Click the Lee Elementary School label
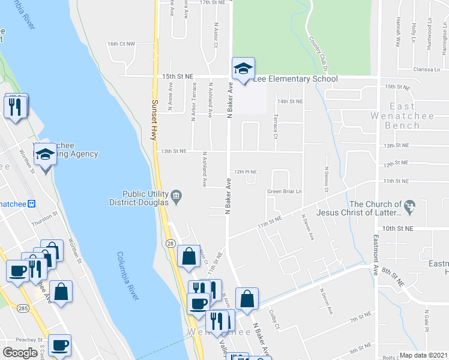coord(295,79)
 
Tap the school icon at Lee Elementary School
coord(244,70)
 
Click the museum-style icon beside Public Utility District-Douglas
coord(176,195)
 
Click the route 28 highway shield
coord(170,243)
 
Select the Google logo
coord(20,353)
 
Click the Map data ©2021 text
coord(423,355)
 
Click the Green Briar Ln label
coord(284,192)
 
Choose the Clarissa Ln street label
coord(427,69)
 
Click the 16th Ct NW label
coord(122,44)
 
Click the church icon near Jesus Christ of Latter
coord(409,208)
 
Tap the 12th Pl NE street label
coord(246,172)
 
